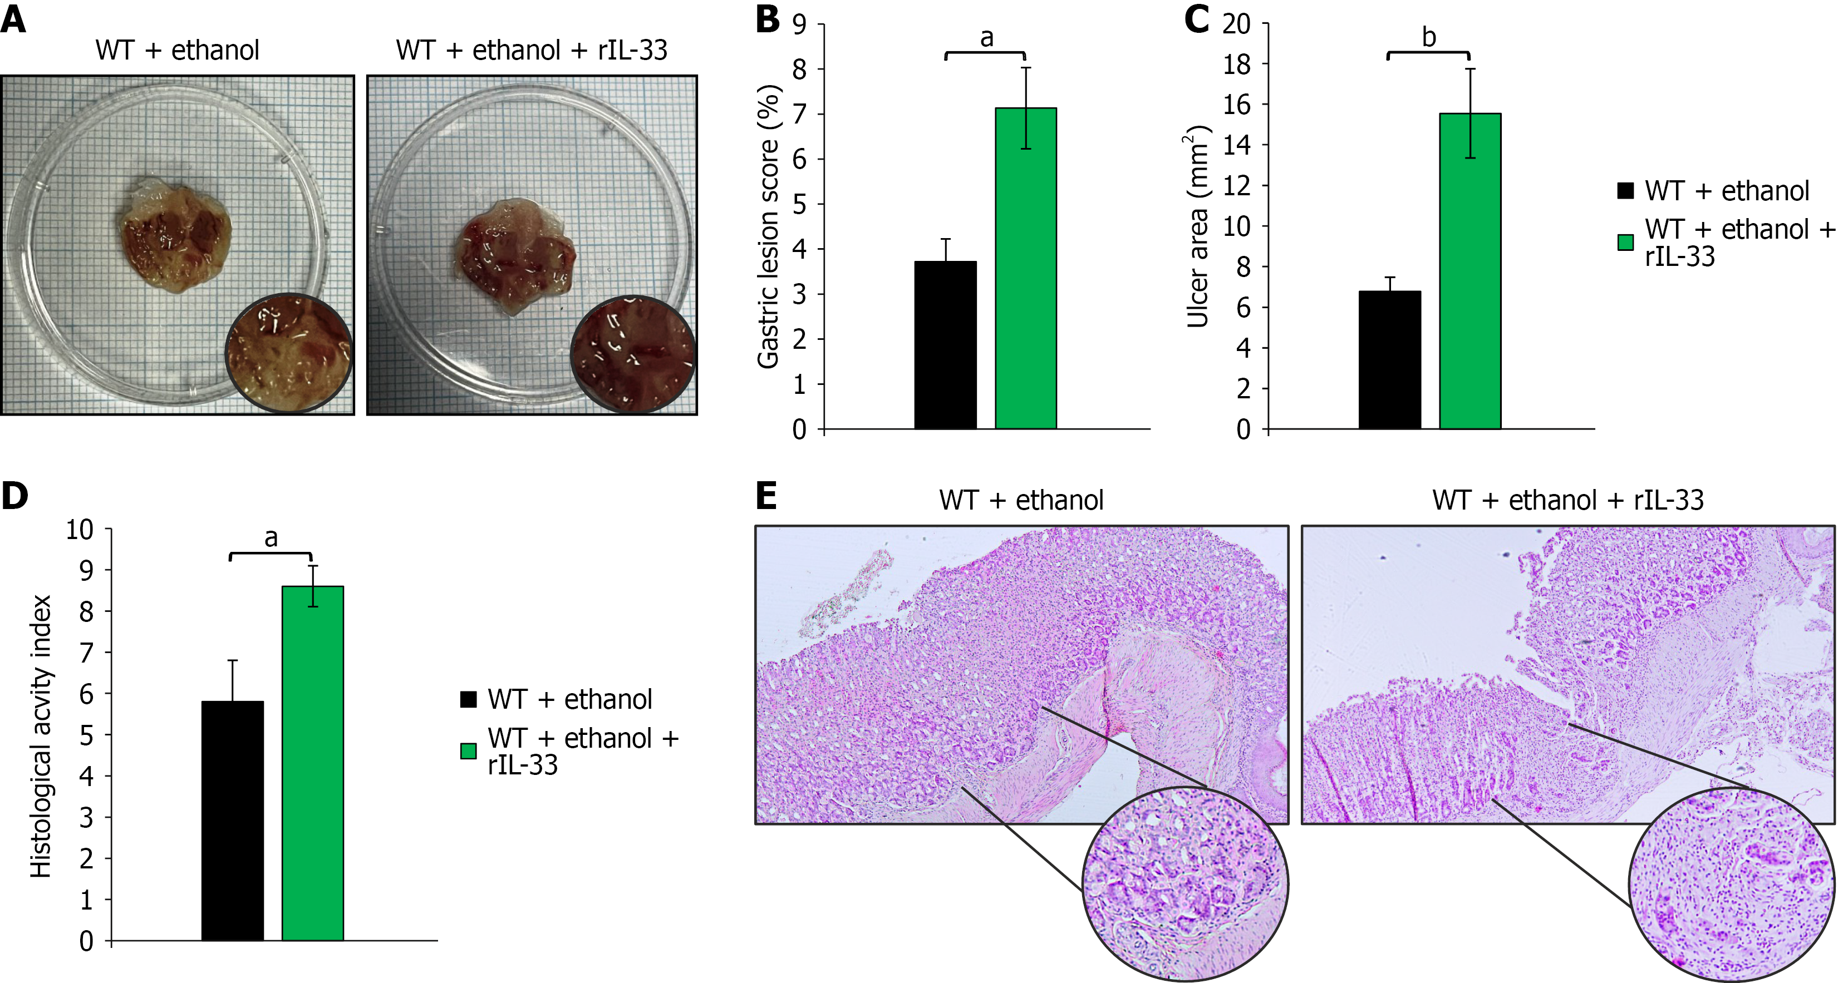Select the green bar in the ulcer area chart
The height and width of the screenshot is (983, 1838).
(x=1470, y=271)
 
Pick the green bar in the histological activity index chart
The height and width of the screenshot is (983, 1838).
(x=312, y=763)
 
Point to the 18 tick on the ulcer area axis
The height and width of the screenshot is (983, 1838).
(x=1236, y=64)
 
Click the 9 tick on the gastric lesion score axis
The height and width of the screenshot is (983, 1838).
(x=799, y=25)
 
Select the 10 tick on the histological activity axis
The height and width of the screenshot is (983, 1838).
(x=80, y=529)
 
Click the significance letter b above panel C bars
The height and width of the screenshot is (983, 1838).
(x=1428, y=37)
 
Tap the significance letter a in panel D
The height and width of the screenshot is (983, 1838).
(x=271, y=538)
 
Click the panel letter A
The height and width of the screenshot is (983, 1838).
(x=13, y=19)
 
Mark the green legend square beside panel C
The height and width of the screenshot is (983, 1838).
(x=1625, y=243)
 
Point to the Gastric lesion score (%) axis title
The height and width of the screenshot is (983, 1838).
(x=768, y=227)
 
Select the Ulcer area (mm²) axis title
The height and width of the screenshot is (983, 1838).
(x=1197, y=227)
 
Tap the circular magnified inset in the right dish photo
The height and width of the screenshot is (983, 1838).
(x=633, y=354)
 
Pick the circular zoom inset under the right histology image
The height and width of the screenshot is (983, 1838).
(x=1732, y=885)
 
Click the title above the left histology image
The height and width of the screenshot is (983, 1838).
(x=1021, y=500)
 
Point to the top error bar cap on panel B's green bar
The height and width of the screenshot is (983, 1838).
(x=1026, y=68)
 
